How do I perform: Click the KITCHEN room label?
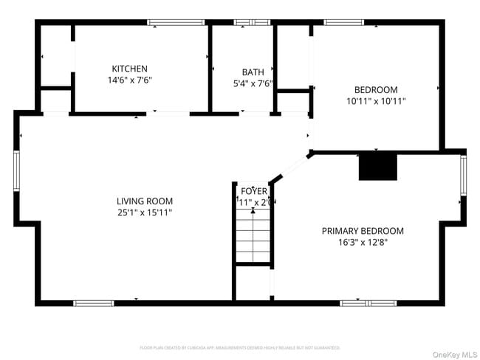129,69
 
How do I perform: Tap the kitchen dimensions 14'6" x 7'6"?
129,80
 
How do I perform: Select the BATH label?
253,72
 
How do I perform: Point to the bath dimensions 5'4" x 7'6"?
253,83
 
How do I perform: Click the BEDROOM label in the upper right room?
376,89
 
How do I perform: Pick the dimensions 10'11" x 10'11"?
376,101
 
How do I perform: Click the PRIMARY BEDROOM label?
363,231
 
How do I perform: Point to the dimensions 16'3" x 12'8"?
363,243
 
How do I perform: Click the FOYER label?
254,191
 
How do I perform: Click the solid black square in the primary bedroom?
378,167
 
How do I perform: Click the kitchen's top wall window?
176,23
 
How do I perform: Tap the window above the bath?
252,23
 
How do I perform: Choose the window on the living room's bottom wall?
94,302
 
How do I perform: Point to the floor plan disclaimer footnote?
240,347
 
